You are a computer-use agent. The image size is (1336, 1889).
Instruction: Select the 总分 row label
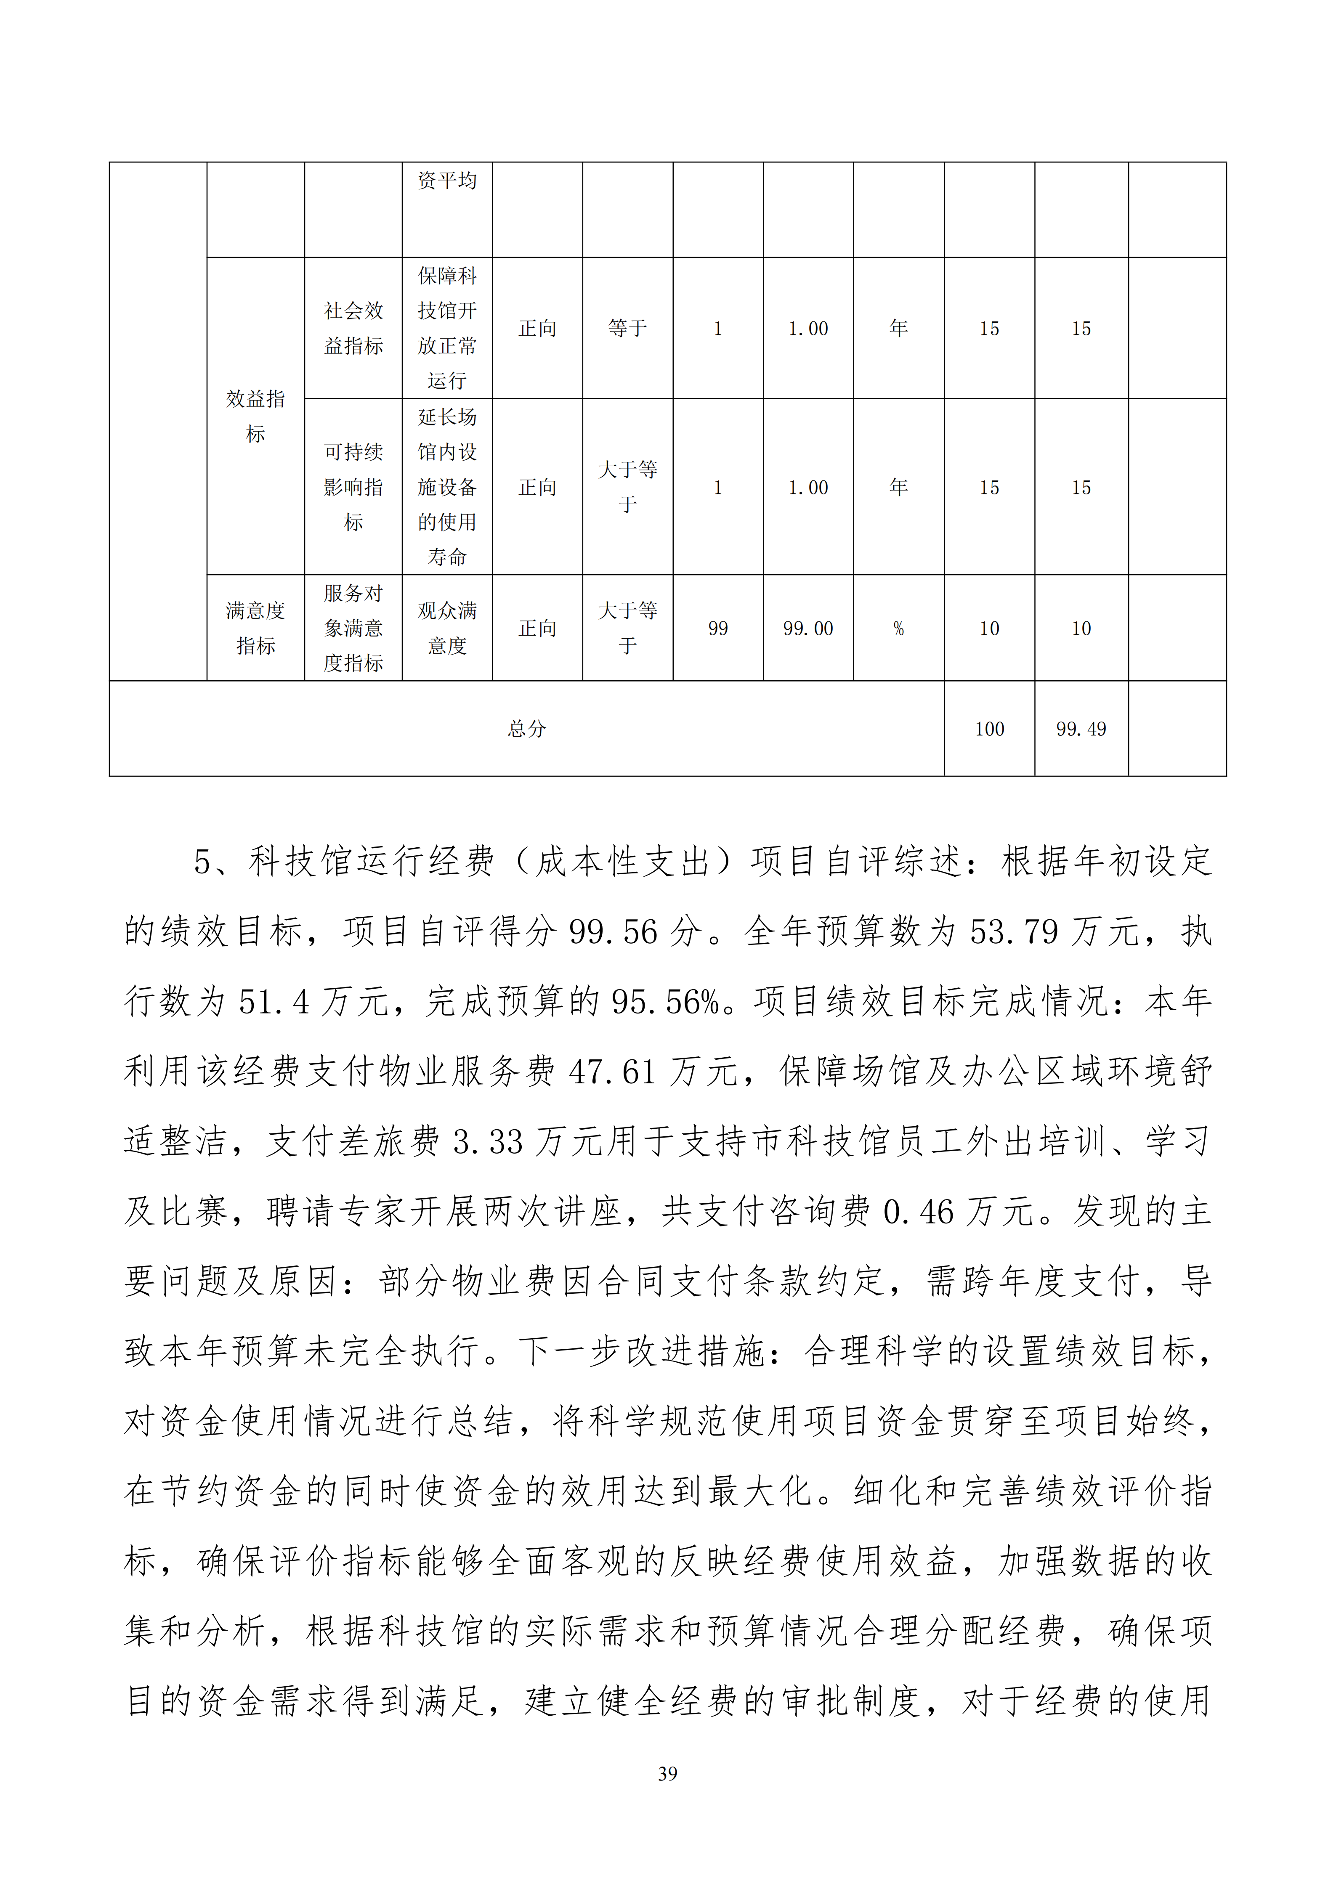(526, 729)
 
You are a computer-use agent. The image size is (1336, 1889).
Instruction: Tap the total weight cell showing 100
(989, 729)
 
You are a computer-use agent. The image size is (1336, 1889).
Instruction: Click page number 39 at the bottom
(667, 1774)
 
